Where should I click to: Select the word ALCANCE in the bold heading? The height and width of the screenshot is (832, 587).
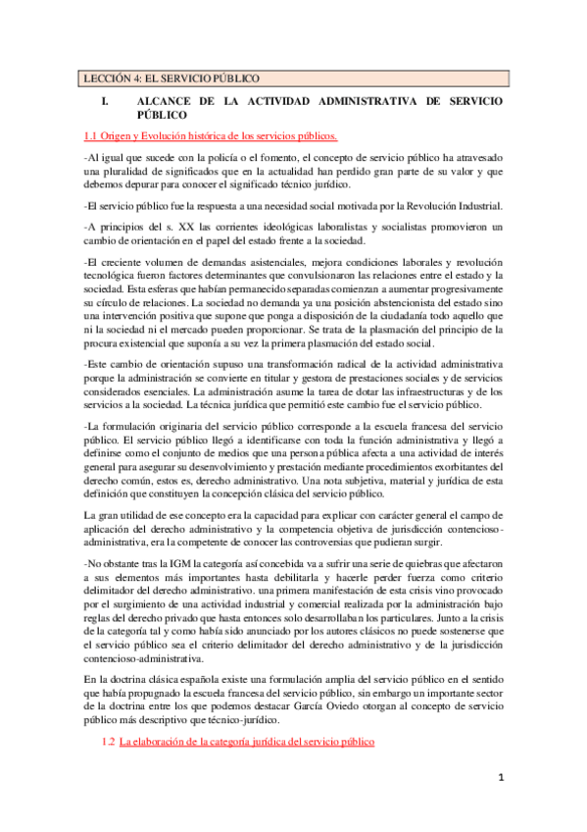coord(166,101)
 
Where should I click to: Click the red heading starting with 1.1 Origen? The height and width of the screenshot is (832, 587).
coord(210,134)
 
